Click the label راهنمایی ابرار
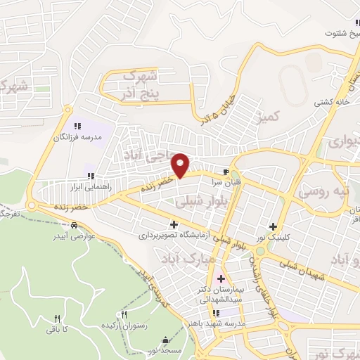87,188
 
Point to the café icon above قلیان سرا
226,172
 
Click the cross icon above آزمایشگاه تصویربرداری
174,224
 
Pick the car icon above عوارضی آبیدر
74,226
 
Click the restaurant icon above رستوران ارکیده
124,315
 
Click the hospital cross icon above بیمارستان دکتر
221,278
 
